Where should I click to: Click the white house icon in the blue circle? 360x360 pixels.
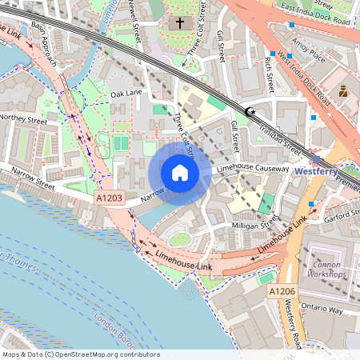click(x=179, y=173)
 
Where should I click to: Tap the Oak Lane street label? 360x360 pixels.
click(x=126, y=94)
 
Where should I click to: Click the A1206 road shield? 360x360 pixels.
click(x=282, y=292)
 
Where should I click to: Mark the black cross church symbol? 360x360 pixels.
click(x=180, y=24)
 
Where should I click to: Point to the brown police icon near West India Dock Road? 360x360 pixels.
click(x=343, y=91)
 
